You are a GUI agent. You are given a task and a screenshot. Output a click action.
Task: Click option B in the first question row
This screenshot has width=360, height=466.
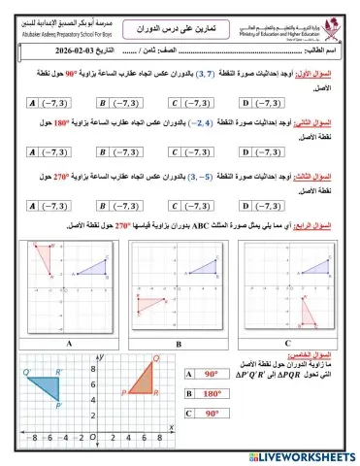tap(122, 102)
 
